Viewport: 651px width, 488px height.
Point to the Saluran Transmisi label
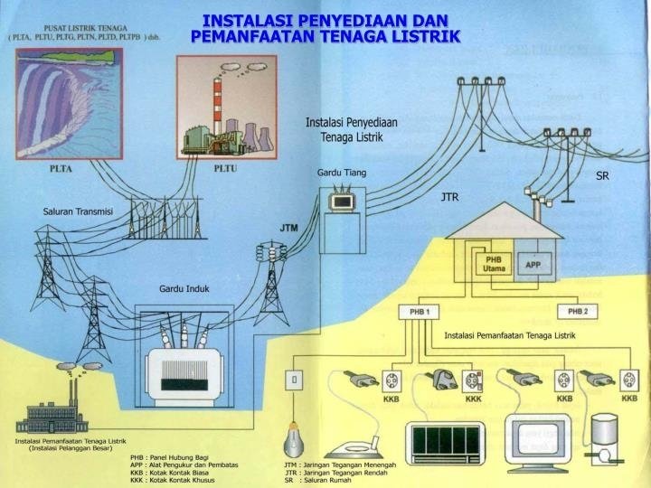click(x=78, y=211)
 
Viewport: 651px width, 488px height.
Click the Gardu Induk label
click(x=184, y=288)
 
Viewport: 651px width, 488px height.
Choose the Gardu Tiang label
click(x=342, y=172)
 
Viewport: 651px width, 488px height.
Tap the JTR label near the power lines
click(x=450, y=196)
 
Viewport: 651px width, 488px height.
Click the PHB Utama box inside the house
click(x=494, y=265)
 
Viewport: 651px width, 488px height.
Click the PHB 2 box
click(x=578, y=312)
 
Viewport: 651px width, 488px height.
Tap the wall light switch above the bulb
click(x=292, y=379)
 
